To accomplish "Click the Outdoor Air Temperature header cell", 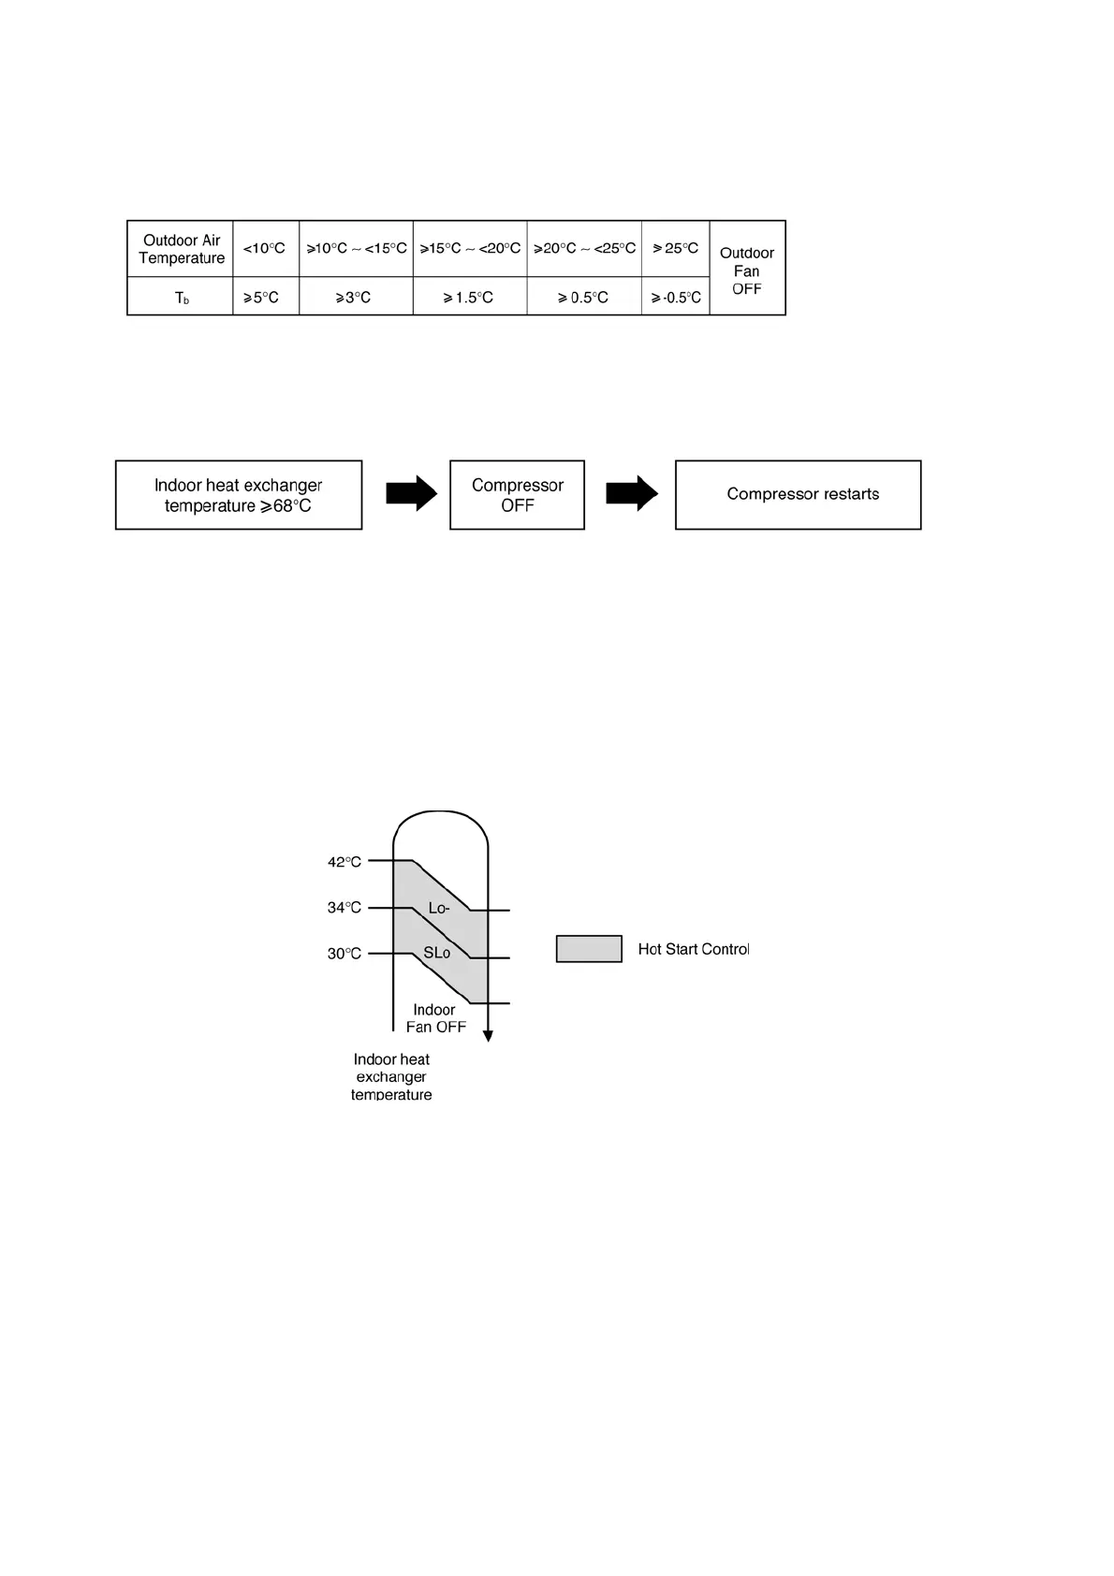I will (x=181, y=249).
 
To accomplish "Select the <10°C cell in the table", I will (x=265, y=249).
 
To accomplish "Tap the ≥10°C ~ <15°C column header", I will (x=356, y=249).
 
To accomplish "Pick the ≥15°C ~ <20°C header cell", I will (x=470, y=249).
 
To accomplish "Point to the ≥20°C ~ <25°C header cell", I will (x=584, y=249).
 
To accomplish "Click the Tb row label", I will (x=181, y=298).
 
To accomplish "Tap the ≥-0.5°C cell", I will (x=676, y=298).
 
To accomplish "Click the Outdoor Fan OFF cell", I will (x=747, y=270).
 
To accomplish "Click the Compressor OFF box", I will (x=517, y=495).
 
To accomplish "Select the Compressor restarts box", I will (x=799, y=495).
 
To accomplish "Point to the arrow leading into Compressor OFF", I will (x=411, y=493).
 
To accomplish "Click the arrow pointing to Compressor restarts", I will (x=632, y=493).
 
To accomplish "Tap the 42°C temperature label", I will (x=344, y=862).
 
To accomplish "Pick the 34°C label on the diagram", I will (x=344, y=908).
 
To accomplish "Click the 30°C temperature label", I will (x=344, y=954).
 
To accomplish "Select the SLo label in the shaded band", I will (x=436, y=953).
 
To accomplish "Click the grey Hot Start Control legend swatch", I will (x=589, y=949).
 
